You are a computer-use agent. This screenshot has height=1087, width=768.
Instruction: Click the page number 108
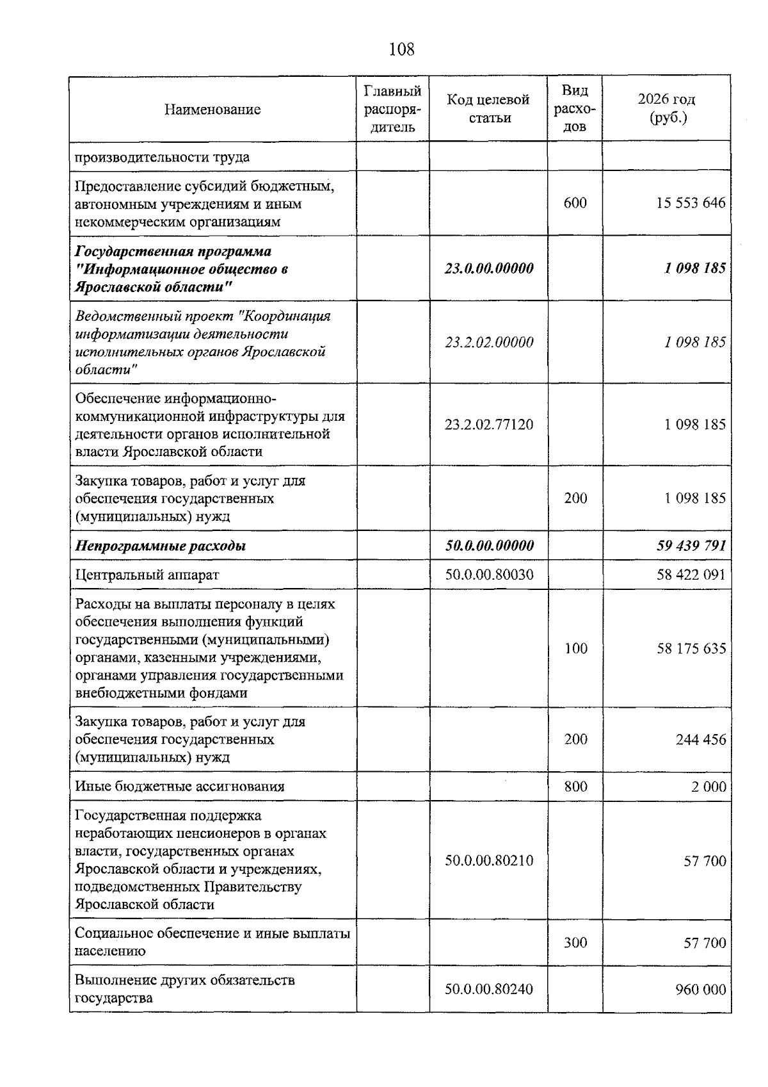401,49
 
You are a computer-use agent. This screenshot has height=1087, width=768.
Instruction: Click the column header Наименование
212,110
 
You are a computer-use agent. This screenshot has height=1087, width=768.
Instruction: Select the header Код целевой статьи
488,109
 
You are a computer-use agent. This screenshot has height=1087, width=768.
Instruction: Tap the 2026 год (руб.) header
666,109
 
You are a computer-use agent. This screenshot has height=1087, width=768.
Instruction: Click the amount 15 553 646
691,203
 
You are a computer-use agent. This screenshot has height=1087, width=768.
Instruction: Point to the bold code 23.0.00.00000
489,268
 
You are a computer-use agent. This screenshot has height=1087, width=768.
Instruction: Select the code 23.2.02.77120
489,425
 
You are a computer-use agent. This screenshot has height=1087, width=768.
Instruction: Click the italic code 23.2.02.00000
489,342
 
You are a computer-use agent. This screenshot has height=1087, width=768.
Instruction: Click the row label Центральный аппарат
147,575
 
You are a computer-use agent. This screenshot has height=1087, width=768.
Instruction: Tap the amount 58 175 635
691,649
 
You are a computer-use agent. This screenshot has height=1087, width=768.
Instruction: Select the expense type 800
575,787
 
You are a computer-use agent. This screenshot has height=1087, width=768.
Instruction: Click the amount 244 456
701,740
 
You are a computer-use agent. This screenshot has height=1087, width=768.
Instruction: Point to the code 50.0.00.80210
489,860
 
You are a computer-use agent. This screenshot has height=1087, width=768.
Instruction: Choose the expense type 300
575,943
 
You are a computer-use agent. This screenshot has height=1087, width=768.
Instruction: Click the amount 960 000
701,990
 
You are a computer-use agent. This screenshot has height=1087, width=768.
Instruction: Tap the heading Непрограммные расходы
161,546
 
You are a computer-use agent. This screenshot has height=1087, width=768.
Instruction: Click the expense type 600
575,203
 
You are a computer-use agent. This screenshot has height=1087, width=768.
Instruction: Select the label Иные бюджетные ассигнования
180,787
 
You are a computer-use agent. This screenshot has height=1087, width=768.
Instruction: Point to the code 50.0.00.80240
489,990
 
